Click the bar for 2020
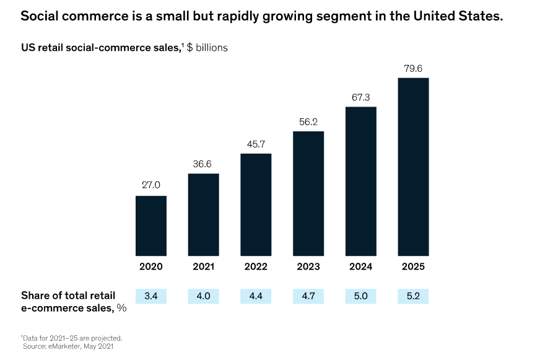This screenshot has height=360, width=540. pyautogui.click(x=151, y=226)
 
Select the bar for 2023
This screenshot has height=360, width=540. pyautogui.click(x=308, y=193)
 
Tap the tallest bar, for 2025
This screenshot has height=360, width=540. pyautogui.click(x=413, y=167)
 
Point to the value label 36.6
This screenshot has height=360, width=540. pyautogui.click(x=203, y=164)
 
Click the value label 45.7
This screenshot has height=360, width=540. pyautogui.click(x=256, y=144)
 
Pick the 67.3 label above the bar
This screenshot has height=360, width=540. pyautogui.click(x=360, y=97)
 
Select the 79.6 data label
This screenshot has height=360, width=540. pyautogui.click(x=413, y=68)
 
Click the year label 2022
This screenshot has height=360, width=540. pyautogui.click(x=256, y=266)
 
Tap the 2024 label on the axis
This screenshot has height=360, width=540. pyautogui.click(x=360, y=266)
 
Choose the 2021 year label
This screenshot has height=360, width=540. pyautogui.click(x=203, y=266)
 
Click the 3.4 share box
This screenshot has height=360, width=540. pyautogui.click(x=151, y=296)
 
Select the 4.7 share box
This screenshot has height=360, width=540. pyautogui.click(x=308, y=296)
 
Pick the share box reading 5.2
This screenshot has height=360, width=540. pyautogui.click(x=413, y=296)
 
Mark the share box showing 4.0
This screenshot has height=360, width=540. pyautogui.click(x=203, y=296)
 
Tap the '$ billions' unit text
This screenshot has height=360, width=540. pyautogui.click(x=207, y=48)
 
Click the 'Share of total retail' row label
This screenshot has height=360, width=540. pyautogui.click(x=68, y=295)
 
